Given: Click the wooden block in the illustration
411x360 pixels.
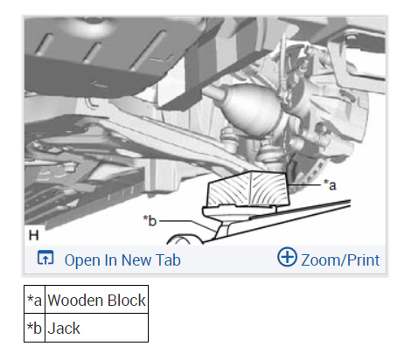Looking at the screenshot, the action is coord(247,189).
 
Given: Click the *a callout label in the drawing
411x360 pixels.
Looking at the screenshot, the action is coord(330,185).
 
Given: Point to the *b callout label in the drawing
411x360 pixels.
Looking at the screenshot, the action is coord(150,221).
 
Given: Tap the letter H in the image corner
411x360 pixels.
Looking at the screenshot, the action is coord(34,235).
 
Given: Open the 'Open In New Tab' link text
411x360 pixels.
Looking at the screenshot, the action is coord(122,260).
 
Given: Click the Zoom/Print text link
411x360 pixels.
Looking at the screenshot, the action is coord(340,260).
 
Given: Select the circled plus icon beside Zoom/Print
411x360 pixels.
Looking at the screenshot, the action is coord(287,257).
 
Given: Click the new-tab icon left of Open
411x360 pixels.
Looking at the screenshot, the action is coord(45,258).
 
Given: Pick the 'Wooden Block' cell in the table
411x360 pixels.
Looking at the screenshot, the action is coord(96,300).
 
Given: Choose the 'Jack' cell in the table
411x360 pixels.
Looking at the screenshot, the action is coord(96,328).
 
